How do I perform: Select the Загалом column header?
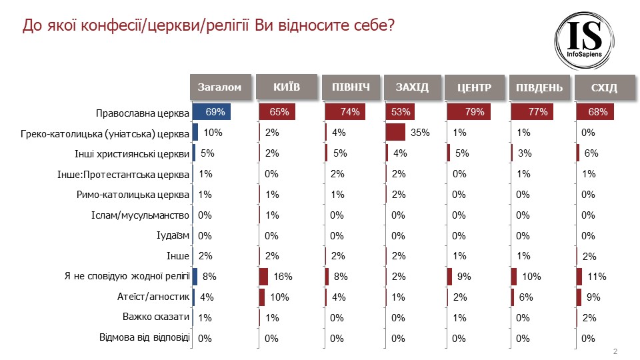(221, 87)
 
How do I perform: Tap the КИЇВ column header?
(287, 87)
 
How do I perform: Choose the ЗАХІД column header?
(413, 87)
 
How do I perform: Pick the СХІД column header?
(605, 87)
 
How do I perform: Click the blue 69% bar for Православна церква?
(211, 112)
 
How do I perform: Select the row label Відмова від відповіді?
(144, 337)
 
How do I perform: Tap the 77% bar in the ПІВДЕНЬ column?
(533, 112)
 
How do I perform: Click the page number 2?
(615, 351)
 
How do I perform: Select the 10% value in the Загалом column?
(213, 133)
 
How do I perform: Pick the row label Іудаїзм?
(173, 235)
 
